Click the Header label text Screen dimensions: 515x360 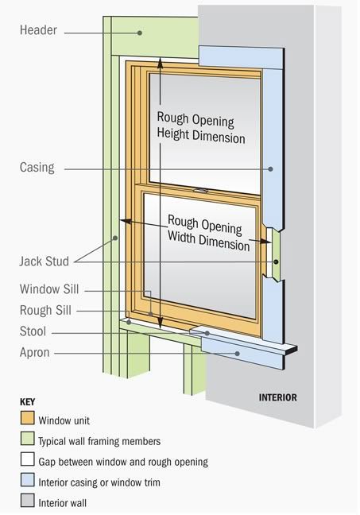click(x=38, y=31)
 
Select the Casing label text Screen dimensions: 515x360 click(x=37, y=168)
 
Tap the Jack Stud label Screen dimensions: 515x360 click(x=44, y=260)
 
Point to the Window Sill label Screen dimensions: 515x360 click(x=49, y=290)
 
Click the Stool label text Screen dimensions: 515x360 click(x=33, y=331)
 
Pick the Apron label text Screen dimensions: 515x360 click(x=34, y=352)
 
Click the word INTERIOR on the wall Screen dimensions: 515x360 click(x=277, y=397)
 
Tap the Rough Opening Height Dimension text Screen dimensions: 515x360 click(x=200, y=126)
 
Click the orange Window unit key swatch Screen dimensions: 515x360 click(x=27, y=419)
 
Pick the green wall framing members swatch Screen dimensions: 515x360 click(x=27, y=439)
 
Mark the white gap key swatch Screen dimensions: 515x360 click(x=27, y=460)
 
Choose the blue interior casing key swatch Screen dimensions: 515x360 click(x=27, y=481)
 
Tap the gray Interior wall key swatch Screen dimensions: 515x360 click(x=27, y=501)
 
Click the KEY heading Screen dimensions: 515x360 click(x=26, y=401)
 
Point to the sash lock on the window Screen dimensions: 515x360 click(x=201, y=190)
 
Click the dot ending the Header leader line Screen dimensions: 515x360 click(x=140, y=32)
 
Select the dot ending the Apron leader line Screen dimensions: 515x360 click(x=238, y=353)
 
